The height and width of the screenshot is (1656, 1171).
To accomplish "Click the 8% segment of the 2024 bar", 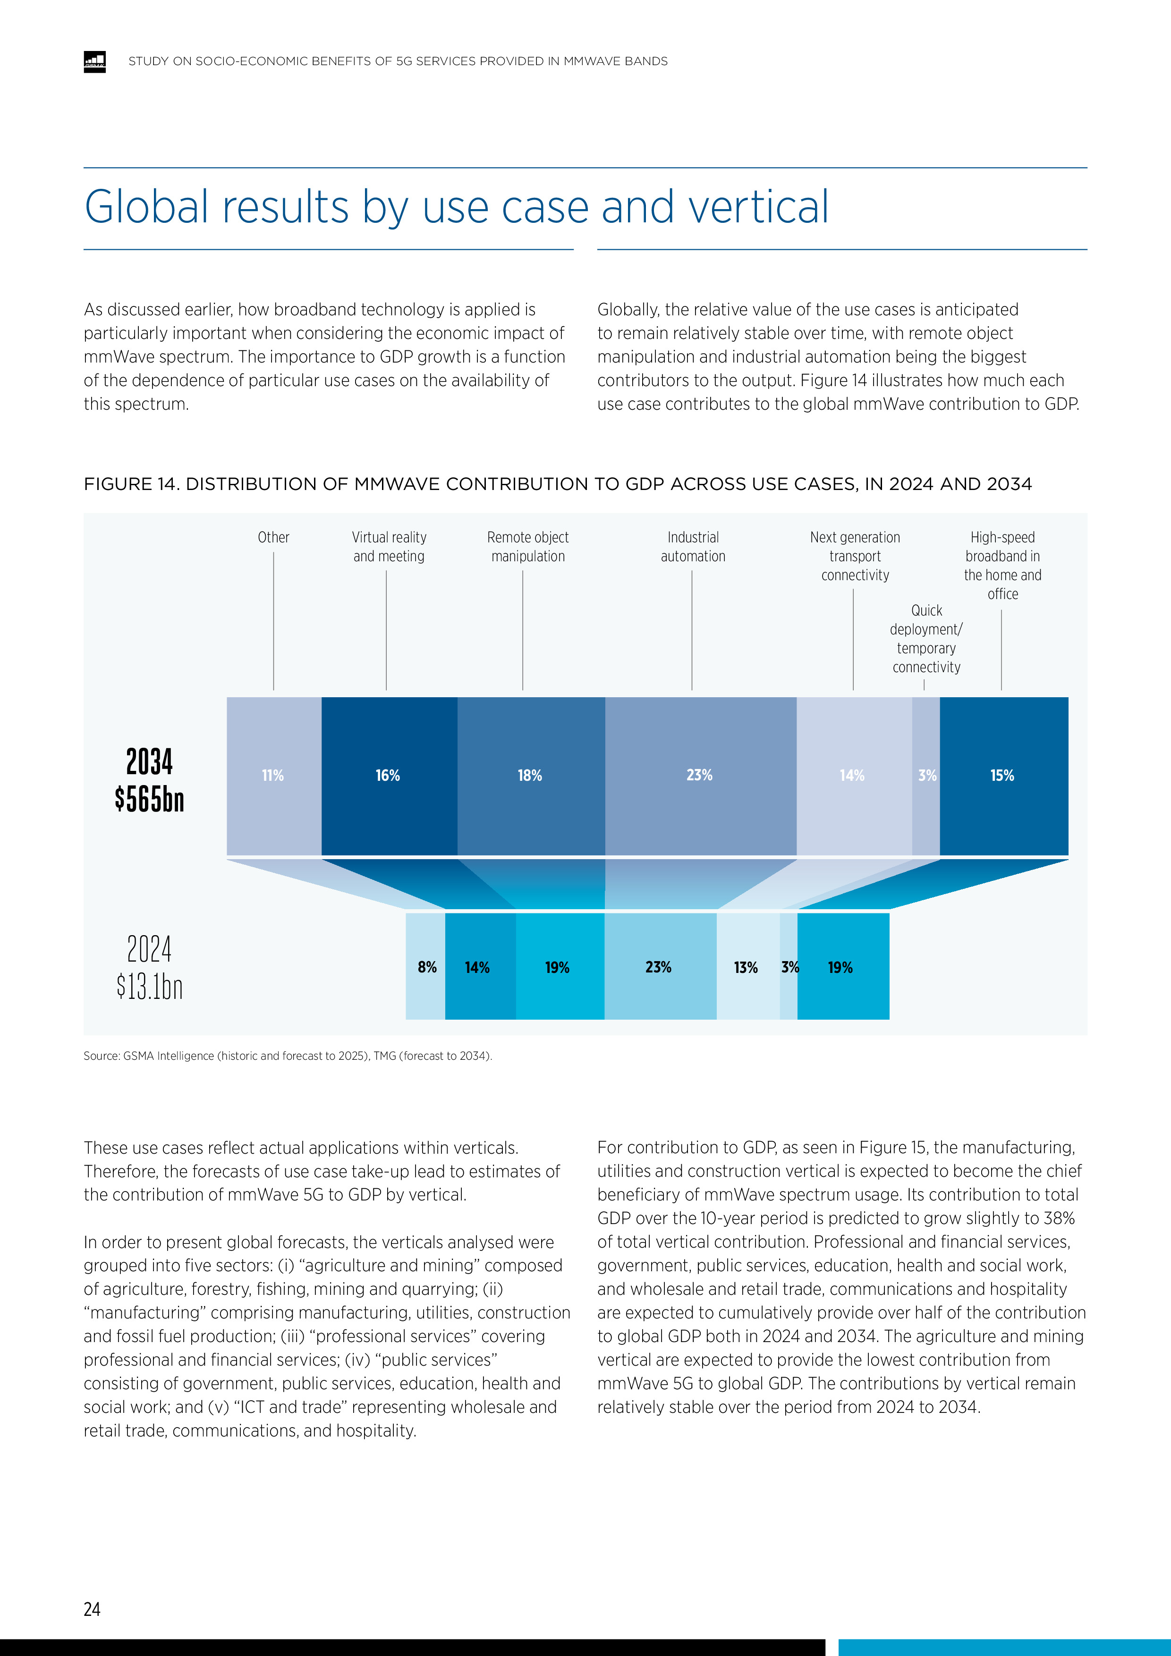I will point(426,967).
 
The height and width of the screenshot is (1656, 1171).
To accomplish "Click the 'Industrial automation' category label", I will point(693,547).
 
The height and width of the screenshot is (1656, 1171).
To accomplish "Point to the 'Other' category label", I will point(273,537).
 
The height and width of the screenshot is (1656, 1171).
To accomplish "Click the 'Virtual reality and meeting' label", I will point(389,547).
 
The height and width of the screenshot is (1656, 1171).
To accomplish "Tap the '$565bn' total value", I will point(149,799).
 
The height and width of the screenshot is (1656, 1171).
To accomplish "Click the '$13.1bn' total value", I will point(149,986).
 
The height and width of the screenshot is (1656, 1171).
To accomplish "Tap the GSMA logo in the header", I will point(94,62).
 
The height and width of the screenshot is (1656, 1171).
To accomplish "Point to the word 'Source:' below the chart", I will point(102,1056).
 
